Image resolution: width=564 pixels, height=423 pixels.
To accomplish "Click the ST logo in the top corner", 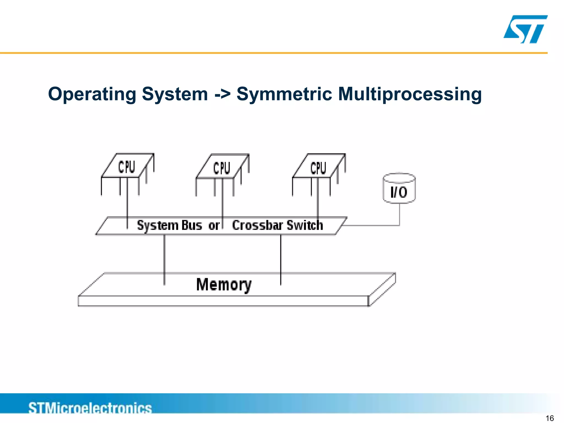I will (525, 29).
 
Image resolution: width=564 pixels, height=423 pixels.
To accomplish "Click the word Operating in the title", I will (92, 94).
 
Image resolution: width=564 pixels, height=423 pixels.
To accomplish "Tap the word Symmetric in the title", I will (284, 94).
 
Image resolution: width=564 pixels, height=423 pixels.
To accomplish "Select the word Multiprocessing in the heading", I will (410, 94).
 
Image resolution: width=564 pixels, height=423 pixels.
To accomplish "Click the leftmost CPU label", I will (127, 167).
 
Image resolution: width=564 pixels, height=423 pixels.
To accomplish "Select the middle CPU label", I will (222, 168).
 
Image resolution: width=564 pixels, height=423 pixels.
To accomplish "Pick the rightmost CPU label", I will (318, 168).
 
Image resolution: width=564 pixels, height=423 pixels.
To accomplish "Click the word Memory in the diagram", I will (224, 284).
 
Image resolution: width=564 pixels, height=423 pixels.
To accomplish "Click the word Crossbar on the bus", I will (257, 225).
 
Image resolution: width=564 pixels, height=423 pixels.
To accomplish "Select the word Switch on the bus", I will (305, 225).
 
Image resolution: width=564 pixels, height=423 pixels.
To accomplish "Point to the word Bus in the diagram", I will (192, 225).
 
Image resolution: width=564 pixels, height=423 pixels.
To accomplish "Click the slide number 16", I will (550, 418).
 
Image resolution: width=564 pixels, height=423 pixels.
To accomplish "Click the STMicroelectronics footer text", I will (90, 408).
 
